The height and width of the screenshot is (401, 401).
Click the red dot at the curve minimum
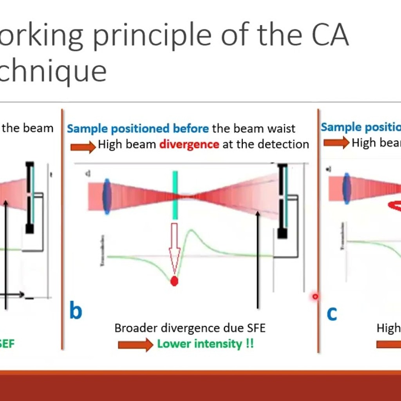[x=175, y=281]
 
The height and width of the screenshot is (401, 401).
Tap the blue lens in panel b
[x=107, y=196]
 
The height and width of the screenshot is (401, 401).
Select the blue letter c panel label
[x=332, y=313]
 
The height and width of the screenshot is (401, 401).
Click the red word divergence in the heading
[x=189, y=145]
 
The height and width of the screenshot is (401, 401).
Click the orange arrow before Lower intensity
[x=135, y=345]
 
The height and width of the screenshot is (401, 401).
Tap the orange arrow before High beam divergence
[x=83, y=146]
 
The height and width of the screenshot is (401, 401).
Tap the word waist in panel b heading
[x=281, y=128]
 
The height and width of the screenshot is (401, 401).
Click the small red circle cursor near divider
[x=315, y=297]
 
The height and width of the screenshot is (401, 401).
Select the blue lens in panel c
[x=347, y=188]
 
